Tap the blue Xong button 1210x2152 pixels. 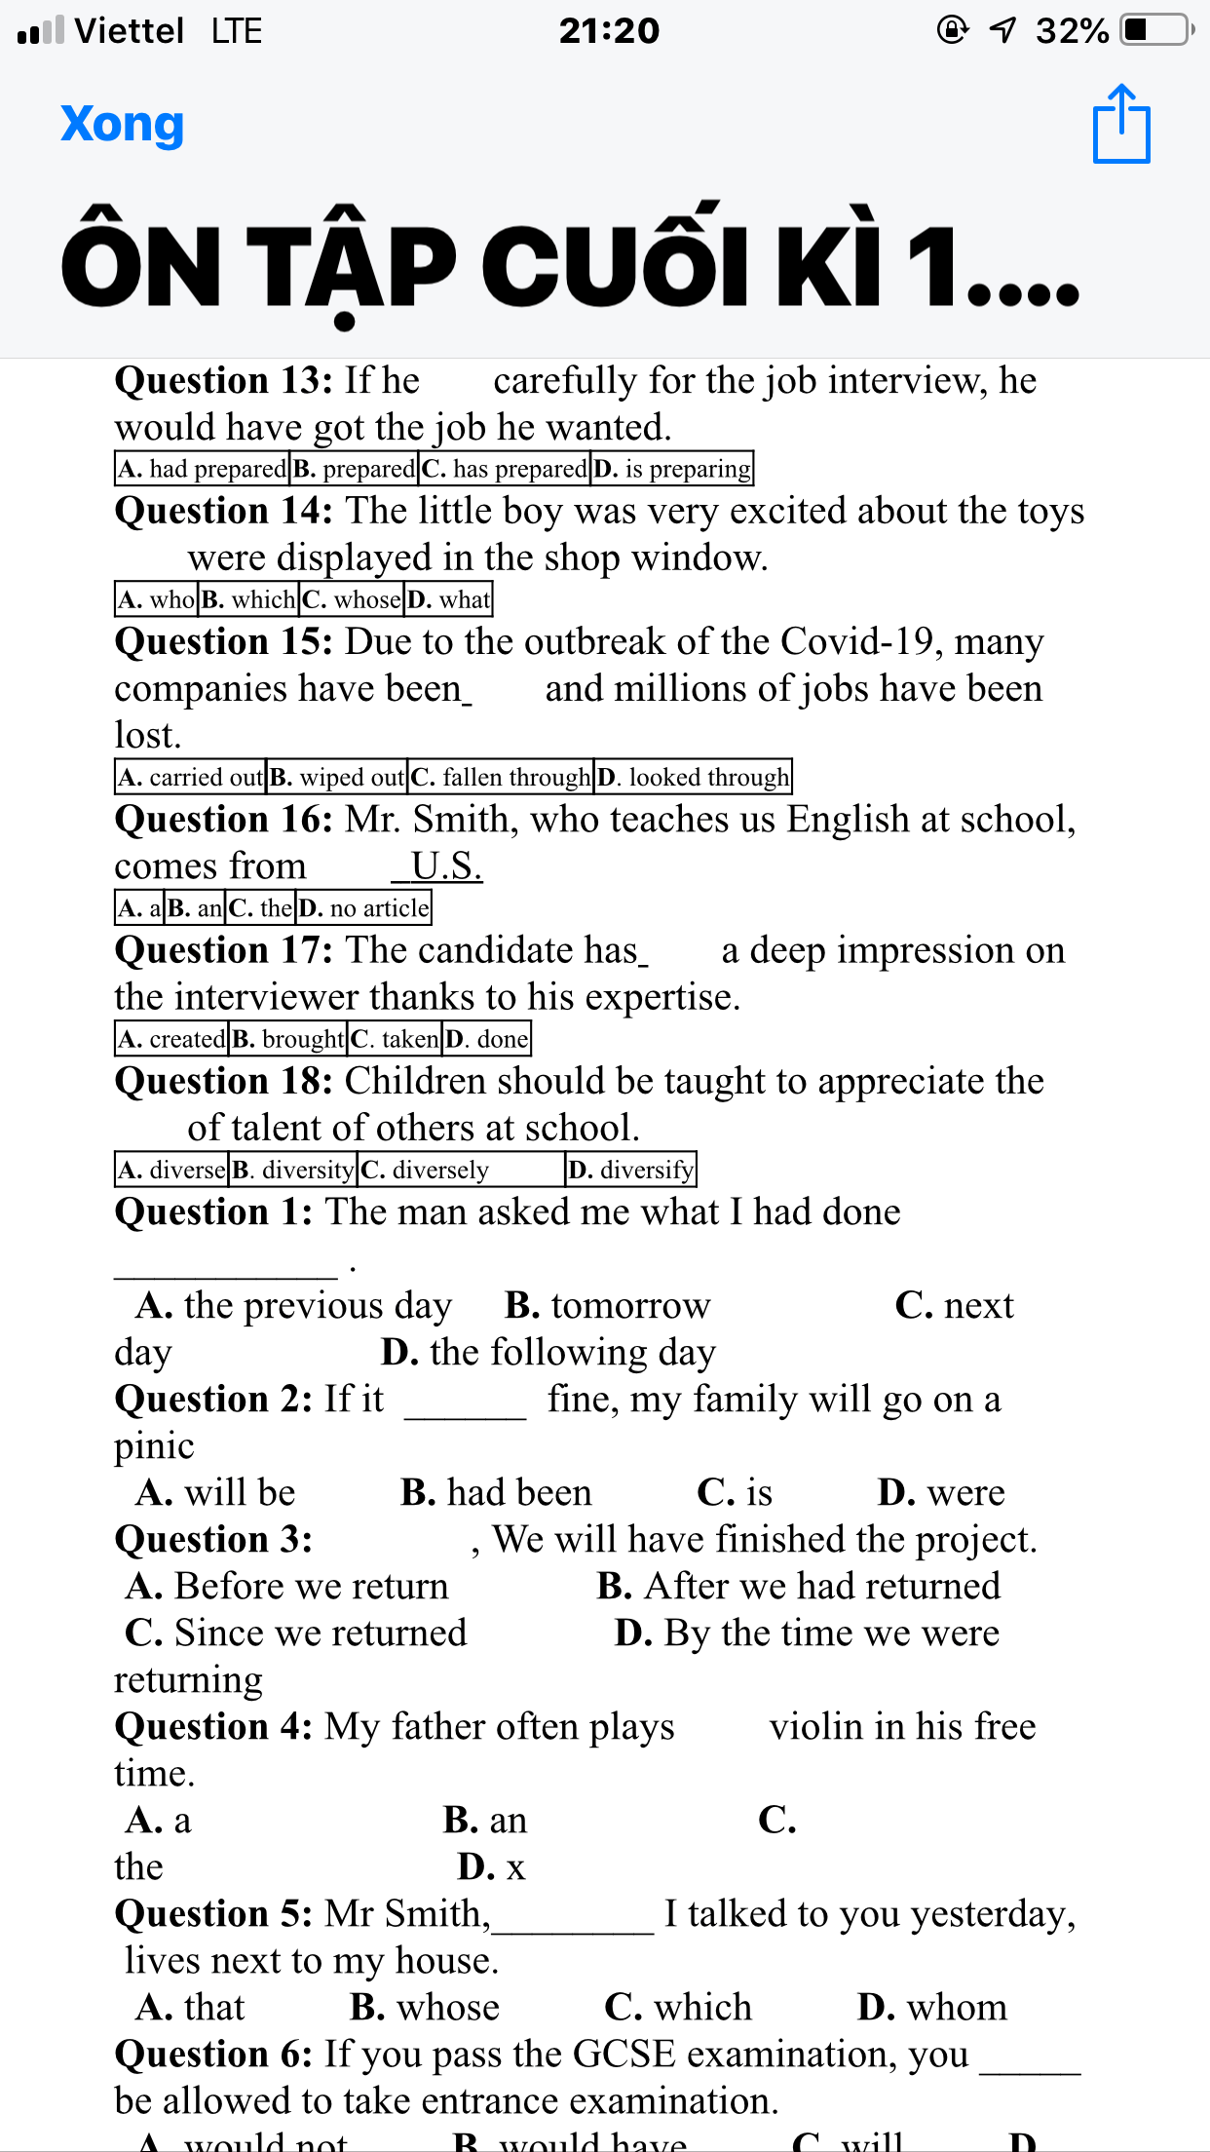click(122, 125)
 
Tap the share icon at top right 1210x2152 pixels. click(1121, 124)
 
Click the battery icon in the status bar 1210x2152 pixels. click(1155, 30)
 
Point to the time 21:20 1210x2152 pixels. click(609, 31)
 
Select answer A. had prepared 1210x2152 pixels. click(203, 469)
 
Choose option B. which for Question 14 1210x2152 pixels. click(248, 599)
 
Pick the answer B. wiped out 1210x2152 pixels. click(337, 777)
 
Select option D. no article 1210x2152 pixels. click(363, 908)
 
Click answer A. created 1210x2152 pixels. click(171, 1039)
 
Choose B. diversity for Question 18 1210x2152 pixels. click(293, 1170)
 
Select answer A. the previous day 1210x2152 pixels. click(294, 1306)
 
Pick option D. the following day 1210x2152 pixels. click(548, 1353)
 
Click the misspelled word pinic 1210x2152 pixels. click(154, 1446)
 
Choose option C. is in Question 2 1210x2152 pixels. click(735, 1493)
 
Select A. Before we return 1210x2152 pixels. click(287, 1587)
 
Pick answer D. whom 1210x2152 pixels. click(932, 2008)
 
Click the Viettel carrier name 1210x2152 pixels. click(130, 31)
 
